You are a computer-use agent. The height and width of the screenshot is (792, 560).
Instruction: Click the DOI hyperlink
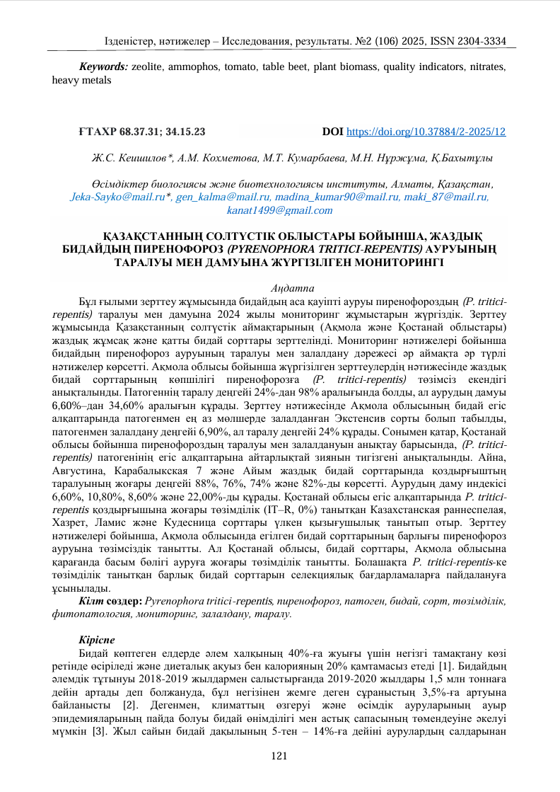(425, 132)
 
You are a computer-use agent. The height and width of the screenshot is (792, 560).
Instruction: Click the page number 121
(279, 757)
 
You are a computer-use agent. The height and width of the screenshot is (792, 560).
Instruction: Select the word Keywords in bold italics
(103, 67)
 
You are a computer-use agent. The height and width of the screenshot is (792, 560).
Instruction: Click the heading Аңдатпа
(279, 288)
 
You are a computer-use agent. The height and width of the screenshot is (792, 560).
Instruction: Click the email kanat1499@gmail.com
(279, 210)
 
